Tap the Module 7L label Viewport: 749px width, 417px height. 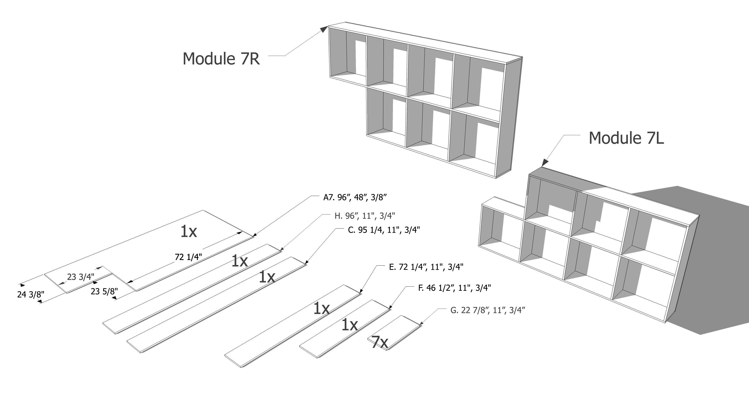click(626, 138)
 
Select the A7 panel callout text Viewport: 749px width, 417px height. click(355, 198)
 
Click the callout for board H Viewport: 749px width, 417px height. click(365, 216)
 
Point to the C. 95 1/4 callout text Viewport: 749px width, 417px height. click(384, 230)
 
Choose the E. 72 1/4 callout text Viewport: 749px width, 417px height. click(426, 267)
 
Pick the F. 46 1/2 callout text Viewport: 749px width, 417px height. click(454, 288)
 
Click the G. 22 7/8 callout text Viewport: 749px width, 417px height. click(488, 310)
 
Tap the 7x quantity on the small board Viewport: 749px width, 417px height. click(379, 342)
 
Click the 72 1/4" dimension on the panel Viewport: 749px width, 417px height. click(188, 257)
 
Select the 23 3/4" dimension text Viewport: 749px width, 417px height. click(81, 277)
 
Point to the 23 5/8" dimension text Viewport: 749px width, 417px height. click(104, 291)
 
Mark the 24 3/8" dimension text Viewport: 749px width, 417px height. click(31, 295)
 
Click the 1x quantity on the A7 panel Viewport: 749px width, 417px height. click(188, 231)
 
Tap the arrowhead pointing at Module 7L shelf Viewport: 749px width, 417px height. click(545, 163)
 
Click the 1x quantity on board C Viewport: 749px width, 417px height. click(267, 277)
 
